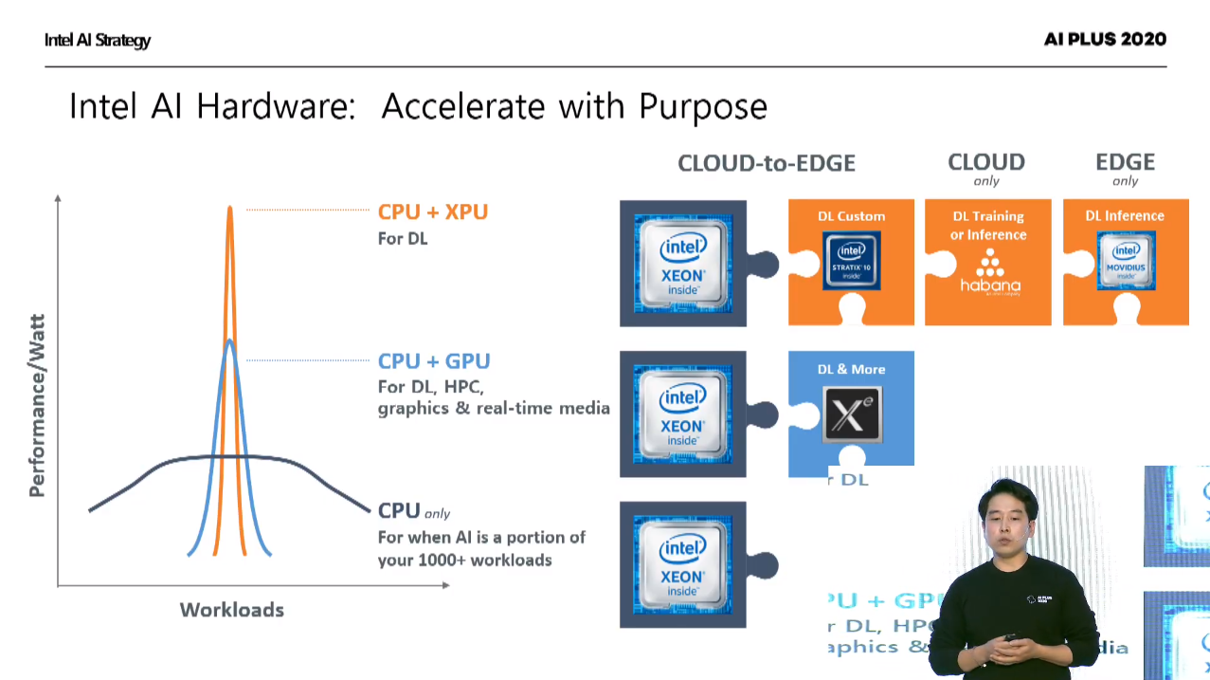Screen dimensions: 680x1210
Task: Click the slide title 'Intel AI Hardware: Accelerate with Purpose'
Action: click(x=418, y=106)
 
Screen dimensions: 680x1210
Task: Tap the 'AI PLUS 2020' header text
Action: click(x=1105, y=39)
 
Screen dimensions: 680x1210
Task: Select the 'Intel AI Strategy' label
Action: click(x=98, y=40)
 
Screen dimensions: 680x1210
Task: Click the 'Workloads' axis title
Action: click(x=232, y=610)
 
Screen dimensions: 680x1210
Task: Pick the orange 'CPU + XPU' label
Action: click(x=433, y=211)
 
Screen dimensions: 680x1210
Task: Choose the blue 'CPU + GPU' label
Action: click(x=434, y=361)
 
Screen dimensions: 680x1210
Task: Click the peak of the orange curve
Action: click(x=229, y=208)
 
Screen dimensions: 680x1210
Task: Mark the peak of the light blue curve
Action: click(x=229, y=341)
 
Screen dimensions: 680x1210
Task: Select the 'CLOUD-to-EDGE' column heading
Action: click(x=767, y=163)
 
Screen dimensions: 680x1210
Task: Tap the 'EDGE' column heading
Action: click(x=1126, y=162)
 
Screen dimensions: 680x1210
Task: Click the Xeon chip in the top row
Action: click(x=682, y=263)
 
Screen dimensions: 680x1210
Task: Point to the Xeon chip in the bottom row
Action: click(x=682, y=564)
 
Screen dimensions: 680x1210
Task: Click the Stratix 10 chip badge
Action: click(x=852, y=262)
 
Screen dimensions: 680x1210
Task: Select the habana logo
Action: click(x=990, y=274)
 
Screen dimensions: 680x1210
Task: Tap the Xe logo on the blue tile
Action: click(x=852, y=415)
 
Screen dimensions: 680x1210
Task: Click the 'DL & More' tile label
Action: click(x=851, y=369)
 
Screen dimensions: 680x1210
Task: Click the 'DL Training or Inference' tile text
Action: click(x=988, y=225)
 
